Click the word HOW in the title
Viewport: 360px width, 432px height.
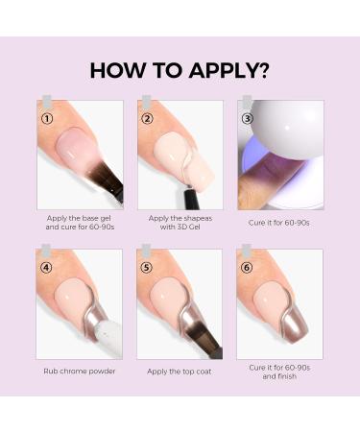click(x=113, y=70)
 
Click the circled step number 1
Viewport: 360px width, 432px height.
click(x=47, y=119)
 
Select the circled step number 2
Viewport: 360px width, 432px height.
click(x=148, y=119)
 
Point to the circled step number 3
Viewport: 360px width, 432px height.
click(x=247, y=119)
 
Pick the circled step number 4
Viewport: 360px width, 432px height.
click(x=47, y=269)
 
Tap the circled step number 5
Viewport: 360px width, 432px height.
click(x=148, y=269)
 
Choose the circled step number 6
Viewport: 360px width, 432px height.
click(x=247, y=269)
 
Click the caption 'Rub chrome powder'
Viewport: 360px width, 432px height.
click(x=80, y=371)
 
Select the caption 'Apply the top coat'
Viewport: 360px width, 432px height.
click(x=179, y=371)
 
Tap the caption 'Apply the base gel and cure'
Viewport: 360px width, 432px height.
click(x=80, y=223)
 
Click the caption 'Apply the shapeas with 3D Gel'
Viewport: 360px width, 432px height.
click(x=179, y=223)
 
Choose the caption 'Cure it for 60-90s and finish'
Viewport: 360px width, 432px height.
click(x=279, y=372)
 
